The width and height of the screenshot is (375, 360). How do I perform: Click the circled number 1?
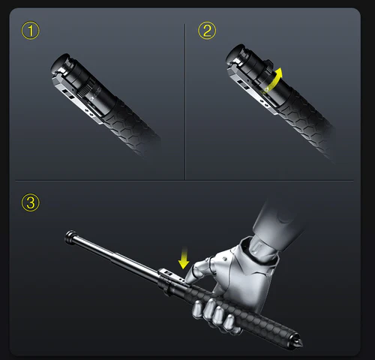[29, 31]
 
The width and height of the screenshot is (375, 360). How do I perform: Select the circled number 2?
[206, 31]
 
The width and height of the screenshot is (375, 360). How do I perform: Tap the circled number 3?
[29, 202]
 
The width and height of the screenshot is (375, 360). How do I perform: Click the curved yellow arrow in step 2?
[276, 78]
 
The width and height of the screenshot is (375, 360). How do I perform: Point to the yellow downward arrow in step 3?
[182, 259]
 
